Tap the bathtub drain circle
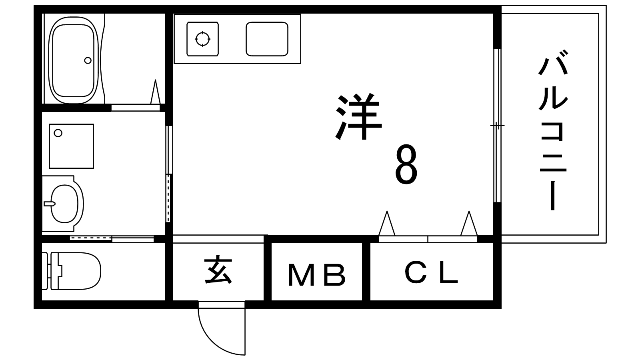(88, 60)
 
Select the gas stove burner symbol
(203, 39)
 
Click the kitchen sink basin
(267, 39)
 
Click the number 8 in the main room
(406, 164)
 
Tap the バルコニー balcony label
(553, 130)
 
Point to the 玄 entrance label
(218, 271)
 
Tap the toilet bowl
(72, 270)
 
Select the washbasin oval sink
(64, 204)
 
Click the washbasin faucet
(49, 204)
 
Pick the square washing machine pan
(72, 146)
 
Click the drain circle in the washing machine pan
(58, 133)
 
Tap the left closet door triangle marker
(387, 223)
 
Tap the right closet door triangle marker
(469, 223)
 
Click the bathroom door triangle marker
(156, 92)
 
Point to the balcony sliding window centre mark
(498, 125)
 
